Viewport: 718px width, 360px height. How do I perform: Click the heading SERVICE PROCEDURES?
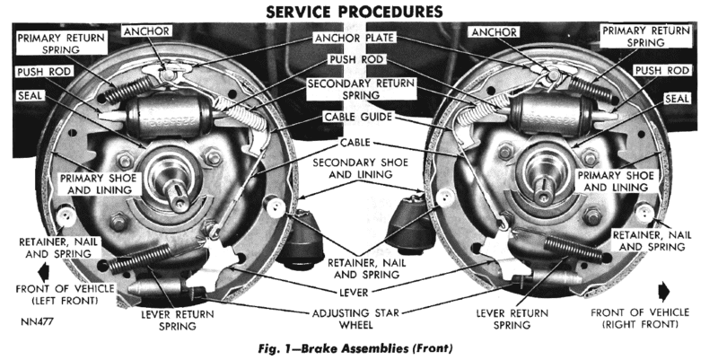pos(358,12)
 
